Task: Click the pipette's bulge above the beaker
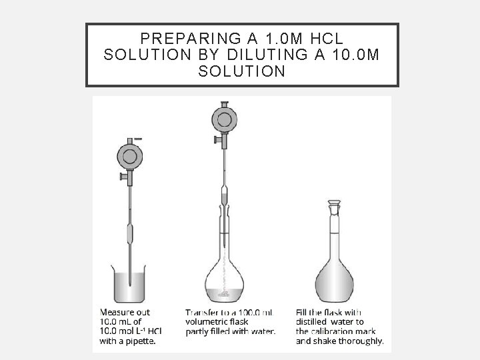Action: (131, 235)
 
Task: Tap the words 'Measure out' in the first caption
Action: (125, 312)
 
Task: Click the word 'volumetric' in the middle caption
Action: (207, 321)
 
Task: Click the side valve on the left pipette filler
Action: (122, 176)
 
